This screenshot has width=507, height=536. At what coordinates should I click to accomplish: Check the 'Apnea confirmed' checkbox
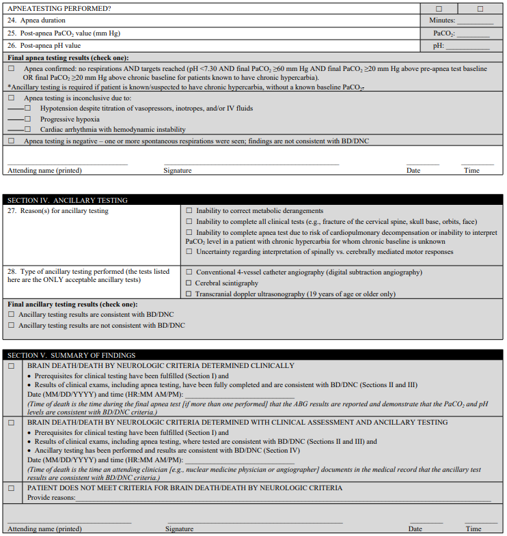11,69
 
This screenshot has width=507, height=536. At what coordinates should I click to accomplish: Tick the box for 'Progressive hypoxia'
27,119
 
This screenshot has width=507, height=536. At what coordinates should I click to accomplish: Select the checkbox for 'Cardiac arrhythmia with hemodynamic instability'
27,129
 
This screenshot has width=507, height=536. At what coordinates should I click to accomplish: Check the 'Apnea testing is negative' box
11,141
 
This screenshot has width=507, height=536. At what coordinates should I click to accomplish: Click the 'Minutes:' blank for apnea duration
479,21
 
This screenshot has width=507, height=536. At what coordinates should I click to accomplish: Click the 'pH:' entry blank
467,46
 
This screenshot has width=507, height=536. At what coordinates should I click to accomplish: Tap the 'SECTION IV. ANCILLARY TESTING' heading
68,200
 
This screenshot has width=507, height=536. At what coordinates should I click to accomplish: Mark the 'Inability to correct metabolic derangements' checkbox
189,211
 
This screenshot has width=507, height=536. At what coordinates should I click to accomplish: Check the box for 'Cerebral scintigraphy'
189,283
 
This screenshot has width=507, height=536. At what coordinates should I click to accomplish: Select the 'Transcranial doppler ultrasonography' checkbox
189,294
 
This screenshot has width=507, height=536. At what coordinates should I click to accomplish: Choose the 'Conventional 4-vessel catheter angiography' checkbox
189,272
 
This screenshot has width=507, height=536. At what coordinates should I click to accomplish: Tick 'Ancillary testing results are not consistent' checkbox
11,325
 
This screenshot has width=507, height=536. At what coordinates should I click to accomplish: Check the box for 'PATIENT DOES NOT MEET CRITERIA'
11,488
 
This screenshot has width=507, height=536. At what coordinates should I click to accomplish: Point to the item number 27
12,211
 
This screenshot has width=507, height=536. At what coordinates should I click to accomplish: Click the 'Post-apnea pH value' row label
49,46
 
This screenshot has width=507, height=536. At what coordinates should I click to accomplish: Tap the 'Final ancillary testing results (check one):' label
72,304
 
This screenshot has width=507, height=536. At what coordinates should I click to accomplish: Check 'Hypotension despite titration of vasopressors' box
27,109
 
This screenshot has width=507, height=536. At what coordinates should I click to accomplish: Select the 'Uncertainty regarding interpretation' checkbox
189,252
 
